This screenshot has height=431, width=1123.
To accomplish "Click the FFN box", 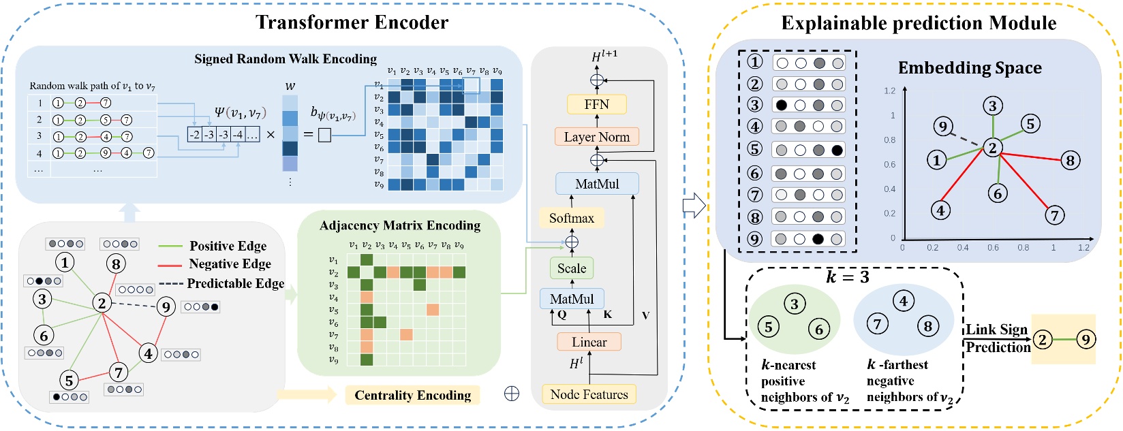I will (x=596, y=104).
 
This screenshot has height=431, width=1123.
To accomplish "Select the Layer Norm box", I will (x=596, y=137).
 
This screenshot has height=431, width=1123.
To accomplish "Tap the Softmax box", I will (x=571, y=218).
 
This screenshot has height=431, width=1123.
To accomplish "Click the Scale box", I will (x=571, y=268).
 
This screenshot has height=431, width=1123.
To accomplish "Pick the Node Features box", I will (x=589, y=394).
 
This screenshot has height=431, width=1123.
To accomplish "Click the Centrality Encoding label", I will (x=412, y=395).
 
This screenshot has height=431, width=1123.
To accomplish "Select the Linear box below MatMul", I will (x=589, y=342).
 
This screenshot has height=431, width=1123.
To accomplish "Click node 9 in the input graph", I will (x=166, y=307).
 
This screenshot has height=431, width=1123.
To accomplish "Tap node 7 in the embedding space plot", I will (x=1054, y=216).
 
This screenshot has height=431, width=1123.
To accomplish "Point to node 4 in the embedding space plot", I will (x=940, y=210).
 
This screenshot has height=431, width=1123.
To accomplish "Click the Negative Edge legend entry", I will (x=230, y=264).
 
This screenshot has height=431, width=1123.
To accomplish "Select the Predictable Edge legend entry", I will (x=235, y=283).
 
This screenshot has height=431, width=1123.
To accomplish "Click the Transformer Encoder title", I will (x=352, y=22).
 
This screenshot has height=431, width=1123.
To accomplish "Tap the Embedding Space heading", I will (x=969, y=68).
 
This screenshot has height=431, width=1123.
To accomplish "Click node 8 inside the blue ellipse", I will (x=927, y=326).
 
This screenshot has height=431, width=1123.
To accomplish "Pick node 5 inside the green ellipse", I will (x=769, y=327).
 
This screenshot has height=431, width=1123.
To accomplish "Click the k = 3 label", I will (x=847, y=277).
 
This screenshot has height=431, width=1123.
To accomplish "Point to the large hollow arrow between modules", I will (x=693, y=205).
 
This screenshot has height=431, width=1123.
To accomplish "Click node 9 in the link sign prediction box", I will (x=1086, y=338).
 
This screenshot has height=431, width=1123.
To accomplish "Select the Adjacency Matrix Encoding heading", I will (x=399, y=225).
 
